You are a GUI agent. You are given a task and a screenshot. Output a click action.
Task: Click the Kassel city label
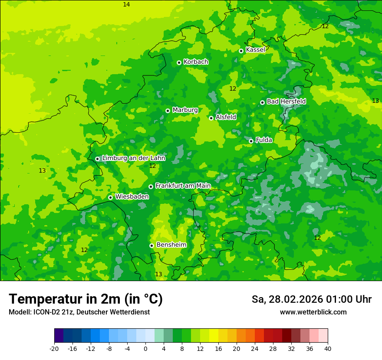(255, 50)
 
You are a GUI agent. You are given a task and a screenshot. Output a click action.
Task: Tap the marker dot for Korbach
(179, 62)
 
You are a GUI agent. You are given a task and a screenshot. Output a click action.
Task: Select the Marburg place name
(185, 110)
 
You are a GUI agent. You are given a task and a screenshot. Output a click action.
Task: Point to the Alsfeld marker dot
(211, 118)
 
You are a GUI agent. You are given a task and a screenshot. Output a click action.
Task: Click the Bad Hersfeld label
(286, 101)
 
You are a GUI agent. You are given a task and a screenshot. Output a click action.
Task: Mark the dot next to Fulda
(251, 141)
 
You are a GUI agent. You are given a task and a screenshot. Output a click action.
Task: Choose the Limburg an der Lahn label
(133, 158)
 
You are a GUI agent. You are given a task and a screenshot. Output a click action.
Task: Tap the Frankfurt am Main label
(183, 186)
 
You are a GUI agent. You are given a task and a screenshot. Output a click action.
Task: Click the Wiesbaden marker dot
(110, 197)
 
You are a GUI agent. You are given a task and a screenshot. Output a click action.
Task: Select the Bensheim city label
(171, 245)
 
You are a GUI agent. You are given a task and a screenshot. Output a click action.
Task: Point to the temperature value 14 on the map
(126, 4)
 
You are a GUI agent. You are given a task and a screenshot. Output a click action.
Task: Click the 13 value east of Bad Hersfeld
(375, 101)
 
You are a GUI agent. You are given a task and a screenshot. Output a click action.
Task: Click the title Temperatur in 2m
(86, 299)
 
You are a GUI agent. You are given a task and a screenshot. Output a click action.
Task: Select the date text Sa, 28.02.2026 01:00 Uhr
(311, 300)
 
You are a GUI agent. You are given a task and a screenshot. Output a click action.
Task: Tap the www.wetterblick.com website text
(313, 312)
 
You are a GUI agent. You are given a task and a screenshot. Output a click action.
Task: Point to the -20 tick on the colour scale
(54, 349)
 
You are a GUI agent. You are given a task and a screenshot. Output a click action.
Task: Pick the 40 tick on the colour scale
(328, 349)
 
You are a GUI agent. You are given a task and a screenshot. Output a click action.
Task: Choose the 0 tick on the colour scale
(145, 349)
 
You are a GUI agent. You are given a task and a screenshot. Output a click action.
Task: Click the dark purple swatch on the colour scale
(59, 336)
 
